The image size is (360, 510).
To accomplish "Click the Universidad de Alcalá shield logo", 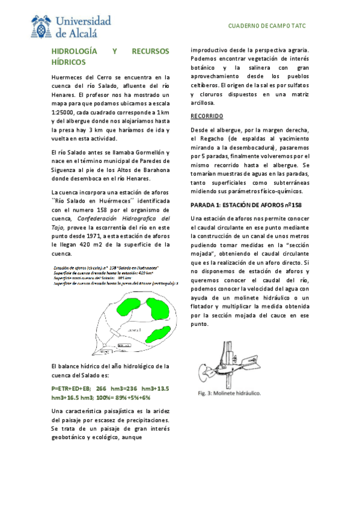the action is tap(42, 27).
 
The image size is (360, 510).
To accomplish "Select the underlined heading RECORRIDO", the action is tap(207, 115).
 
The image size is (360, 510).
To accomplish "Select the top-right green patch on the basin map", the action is tap(158, 309).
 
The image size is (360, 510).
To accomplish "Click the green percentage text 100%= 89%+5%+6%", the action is tap(120, 398).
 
